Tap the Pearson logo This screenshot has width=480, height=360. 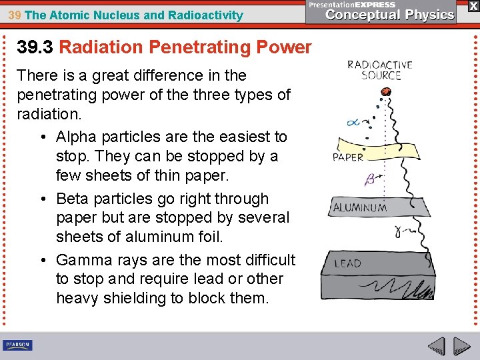[x=17, y=345]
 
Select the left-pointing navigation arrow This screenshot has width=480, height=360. [x=437, y=346]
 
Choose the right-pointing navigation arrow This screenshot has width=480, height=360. [x=461, y=346]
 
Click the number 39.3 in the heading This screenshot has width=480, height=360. [x=35, y=47]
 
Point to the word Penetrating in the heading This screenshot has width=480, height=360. [x=191, y=47]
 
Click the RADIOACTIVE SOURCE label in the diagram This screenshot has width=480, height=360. [x=379, y=70]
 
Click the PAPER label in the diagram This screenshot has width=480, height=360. [x=347, y=157]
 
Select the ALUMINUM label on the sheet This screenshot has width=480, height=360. [x=360, y=208]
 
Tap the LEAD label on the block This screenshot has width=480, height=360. [x=347, y=263]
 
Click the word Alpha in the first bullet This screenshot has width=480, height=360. [x=76, y=137]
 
